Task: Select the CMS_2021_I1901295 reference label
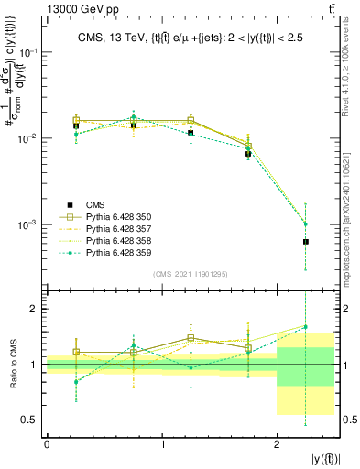[191, 274]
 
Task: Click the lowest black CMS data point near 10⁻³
[306, 242]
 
